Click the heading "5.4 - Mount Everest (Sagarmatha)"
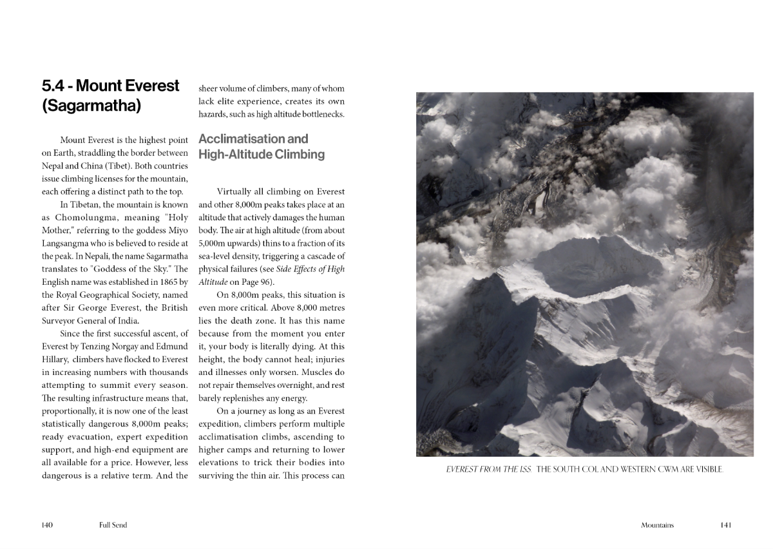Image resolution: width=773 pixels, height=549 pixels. pyautogui.click(x=110, y=95)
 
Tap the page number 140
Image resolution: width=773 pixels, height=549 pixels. pyautogui.click(x=47, y=525)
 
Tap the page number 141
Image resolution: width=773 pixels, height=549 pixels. pyautogui.click(x=725, y=525)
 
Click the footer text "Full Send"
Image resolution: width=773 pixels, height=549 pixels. pyautogui.click(x=113, y=525)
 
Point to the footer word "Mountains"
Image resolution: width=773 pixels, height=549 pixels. pyautogui.click(x=657, y=525)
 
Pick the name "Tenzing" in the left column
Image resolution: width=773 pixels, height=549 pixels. pyautogui.click(x=96, y=346)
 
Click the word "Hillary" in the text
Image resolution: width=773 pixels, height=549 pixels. pyautogui.click(x=56, y=359)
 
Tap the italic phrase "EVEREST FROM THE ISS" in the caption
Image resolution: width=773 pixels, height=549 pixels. pyautogui.click(x=489, y=469)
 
